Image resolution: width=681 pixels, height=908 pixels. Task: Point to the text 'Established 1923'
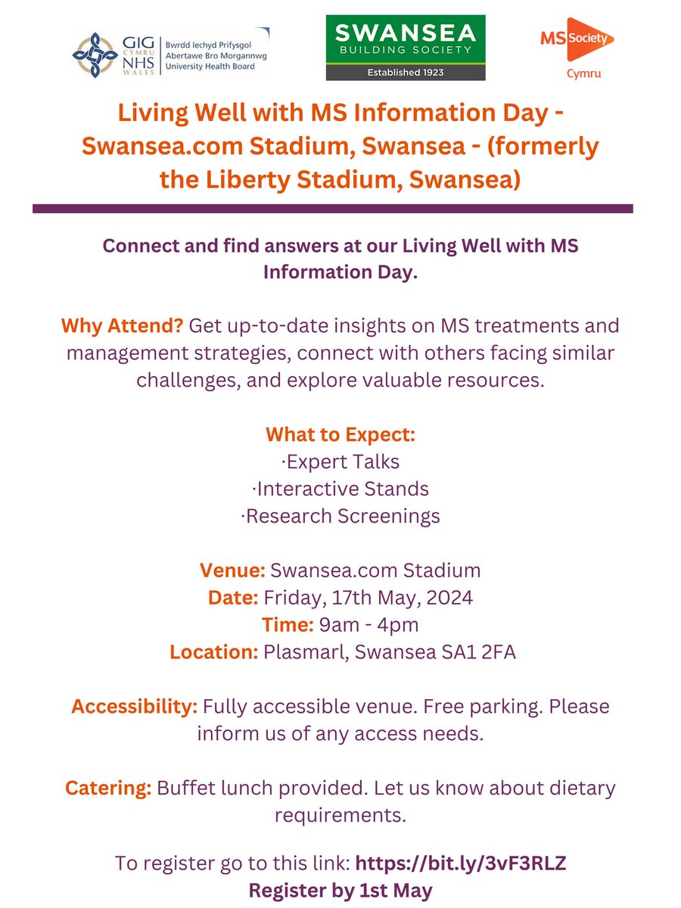(406, 73)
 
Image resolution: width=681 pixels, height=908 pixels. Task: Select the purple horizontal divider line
(332, 208)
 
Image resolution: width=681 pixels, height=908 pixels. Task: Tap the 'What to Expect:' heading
(340, 435)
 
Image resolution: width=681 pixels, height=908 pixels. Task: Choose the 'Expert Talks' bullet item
(340, 462)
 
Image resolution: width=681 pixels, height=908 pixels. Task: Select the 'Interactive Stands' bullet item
(340, 489)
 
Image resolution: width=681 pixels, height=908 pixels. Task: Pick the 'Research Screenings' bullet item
(340, 516)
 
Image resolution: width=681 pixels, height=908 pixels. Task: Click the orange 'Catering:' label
(108, 788)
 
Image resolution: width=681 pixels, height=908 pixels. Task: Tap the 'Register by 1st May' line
(340, 890)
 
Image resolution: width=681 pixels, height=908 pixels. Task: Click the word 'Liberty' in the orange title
(250, 180)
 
